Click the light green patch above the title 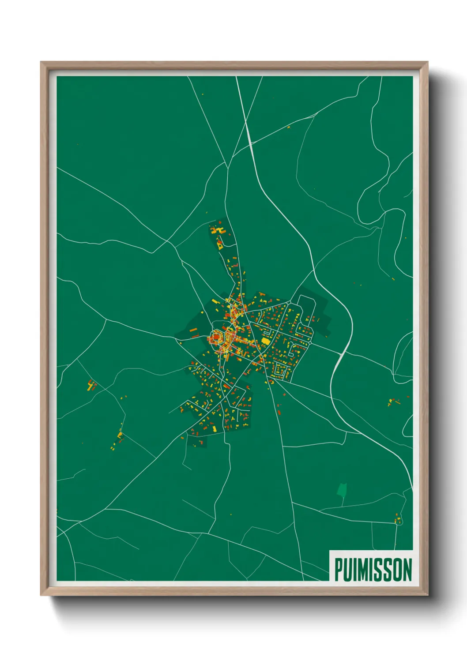(342, 489)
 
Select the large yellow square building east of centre (266, 341)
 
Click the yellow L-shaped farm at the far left (91, 386)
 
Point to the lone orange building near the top (289, 127)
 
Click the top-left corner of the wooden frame (41, 62)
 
